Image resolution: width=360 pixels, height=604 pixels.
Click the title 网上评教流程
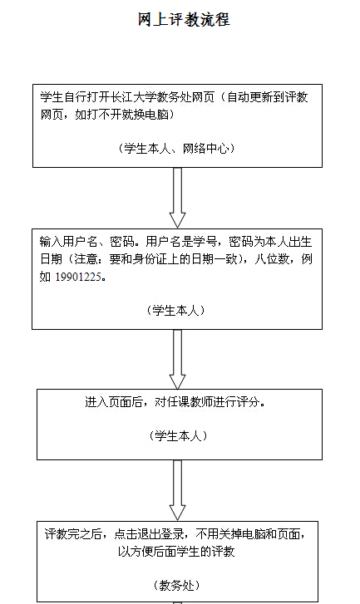pos(184,19)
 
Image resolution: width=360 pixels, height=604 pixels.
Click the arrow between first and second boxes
pos(177,197)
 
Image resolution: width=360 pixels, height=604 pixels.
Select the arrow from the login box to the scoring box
pos(177,359)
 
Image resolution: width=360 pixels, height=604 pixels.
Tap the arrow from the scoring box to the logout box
pos(177,490)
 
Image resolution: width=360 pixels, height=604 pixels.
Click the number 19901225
pos(79,277)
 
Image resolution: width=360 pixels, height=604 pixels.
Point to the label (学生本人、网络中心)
pos(177,149)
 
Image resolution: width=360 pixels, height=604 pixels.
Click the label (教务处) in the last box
pos(177,586)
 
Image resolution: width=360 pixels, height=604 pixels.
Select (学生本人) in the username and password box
pos(176,310)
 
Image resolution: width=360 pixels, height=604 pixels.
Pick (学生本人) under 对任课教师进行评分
pos(178,435)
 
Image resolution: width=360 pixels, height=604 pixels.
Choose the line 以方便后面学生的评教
pos(176,552)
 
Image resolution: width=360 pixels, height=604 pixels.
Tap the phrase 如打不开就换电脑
pos(121,115)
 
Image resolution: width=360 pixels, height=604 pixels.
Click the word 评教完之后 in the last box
pos(73,534)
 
